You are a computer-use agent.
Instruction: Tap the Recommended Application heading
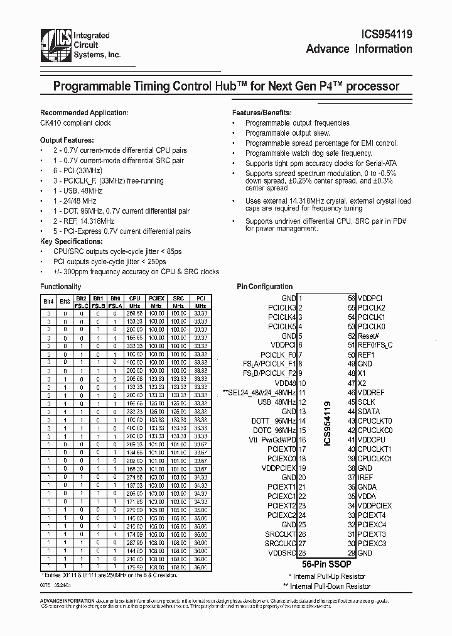[x=84, y=112]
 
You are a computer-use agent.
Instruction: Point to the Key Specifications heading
[x=70, y=241]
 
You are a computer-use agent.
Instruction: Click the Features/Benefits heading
[x=259, y=112]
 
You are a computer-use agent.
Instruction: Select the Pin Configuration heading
[x=264, y=287]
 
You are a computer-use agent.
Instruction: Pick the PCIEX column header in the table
[x=156, y=299]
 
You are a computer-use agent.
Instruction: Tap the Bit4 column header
[x=48, y=302]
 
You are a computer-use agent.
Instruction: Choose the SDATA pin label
[x=368, y=411]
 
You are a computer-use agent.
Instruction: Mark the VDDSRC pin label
[x=281, y=552]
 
